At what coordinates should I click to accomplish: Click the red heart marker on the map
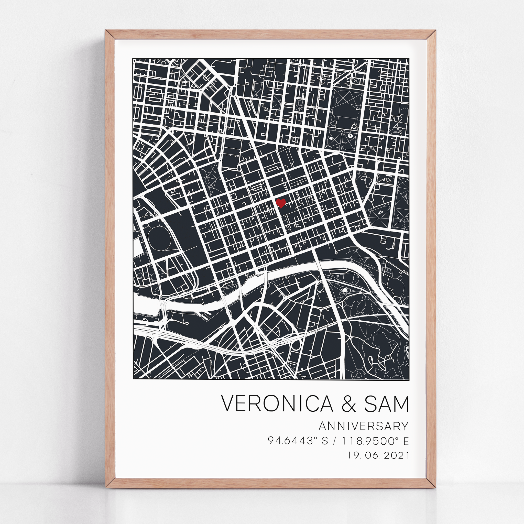point(281,203)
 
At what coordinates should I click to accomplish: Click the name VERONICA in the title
point(277,404)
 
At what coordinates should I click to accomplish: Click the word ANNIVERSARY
point(363,426)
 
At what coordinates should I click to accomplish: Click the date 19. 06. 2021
point(378,455)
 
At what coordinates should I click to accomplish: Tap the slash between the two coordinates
point(336,441)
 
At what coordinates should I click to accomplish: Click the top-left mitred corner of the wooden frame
point(110,35)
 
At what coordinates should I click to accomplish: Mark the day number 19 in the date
point(354,455)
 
